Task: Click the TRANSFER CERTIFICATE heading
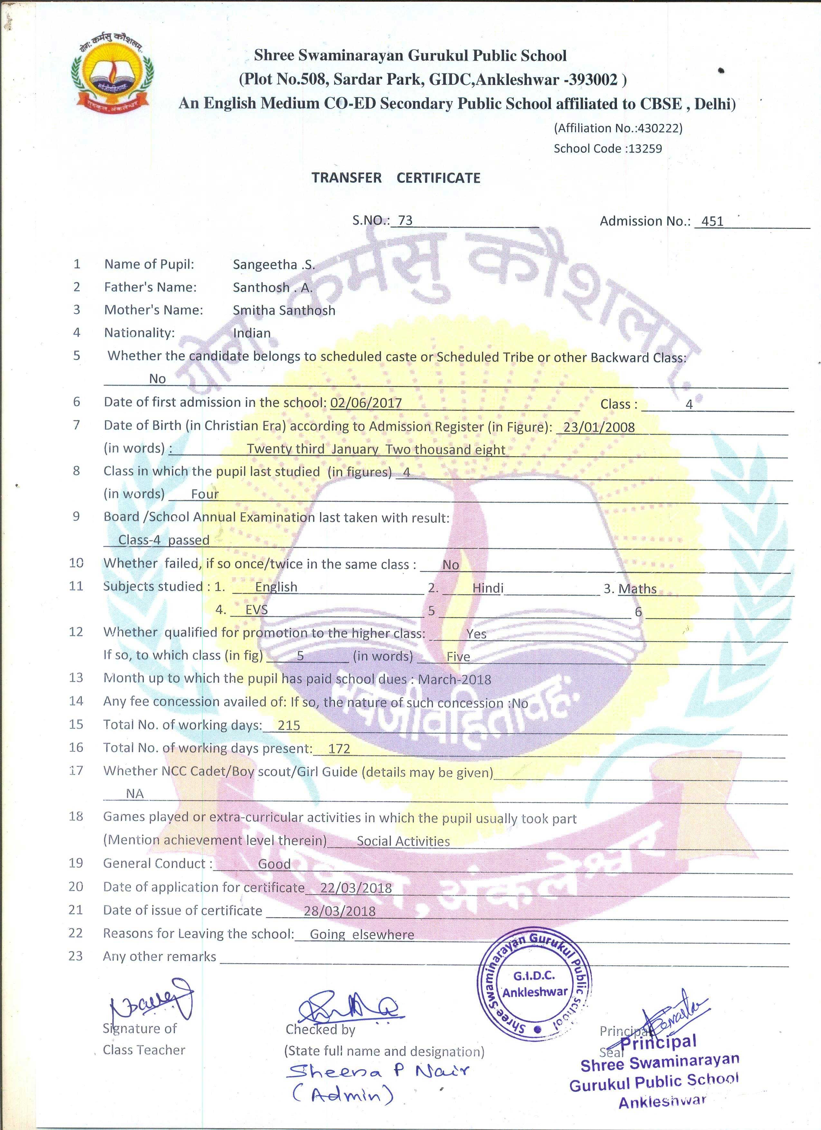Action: pyautogui.click(x=396, y=178)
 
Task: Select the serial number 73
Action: pyautogui.click(x=405, y=220)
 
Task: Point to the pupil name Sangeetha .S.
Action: pyautogui.click(x=273, y=265)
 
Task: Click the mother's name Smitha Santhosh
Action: pyautogui.click(x=284, y=310)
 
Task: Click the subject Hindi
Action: pyautogui.click(x=488, y=588)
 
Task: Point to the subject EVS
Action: pyautogui.click(x=256, y=610)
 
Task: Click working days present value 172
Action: pyautogui.click(x=339, y=749)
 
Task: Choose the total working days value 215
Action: pyautogui.click(x=289, y=725)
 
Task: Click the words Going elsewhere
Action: pyautogui.click(x=362, y=934)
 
